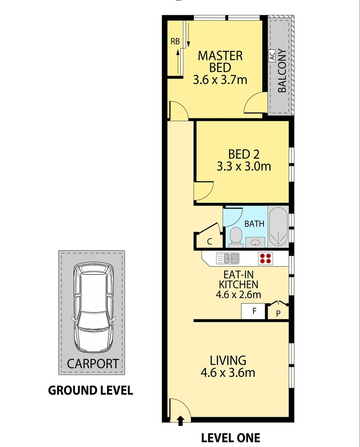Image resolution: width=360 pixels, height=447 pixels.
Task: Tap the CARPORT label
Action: (x=93, y=364)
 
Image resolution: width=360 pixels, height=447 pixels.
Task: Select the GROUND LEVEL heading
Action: (x=91, y=390)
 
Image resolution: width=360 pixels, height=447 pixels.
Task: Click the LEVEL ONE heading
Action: (x=230, y=437)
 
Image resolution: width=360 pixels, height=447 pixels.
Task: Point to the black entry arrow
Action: (x=180, y=421)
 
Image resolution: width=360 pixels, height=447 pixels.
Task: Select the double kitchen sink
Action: (x=228, y=258)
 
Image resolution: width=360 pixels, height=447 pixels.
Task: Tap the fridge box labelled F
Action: (x=253, y=312)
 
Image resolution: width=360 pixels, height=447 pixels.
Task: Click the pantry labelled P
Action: (x=278, y=313)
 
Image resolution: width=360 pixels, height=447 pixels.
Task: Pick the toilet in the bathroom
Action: (x=235, y=236)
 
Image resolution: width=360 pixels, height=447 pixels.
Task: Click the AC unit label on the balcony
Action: (x=272, y=56)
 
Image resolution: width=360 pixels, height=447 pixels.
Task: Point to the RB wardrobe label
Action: (x=175, y=41)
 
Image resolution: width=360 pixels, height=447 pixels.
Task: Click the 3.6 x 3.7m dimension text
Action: (x=220, y=79)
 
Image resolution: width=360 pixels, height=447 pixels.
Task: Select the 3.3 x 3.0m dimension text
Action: (x=244, y=166)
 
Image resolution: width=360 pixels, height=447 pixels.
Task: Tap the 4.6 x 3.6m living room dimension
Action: (x=228, y=372)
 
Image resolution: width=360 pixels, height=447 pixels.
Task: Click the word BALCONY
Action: (x=281, y=71)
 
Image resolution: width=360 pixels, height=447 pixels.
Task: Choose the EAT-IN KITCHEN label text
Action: (x=238, y=279)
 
